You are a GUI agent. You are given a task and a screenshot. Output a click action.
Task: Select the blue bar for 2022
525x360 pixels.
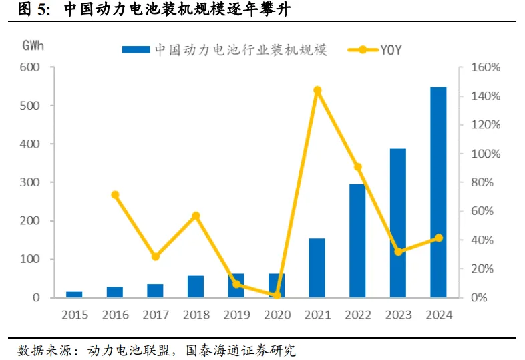pos(357,240)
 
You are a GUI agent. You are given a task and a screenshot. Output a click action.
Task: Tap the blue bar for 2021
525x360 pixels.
pos(317,268)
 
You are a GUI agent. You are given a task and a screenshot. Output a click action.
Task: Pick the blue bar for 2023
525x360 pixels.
pos(398,223)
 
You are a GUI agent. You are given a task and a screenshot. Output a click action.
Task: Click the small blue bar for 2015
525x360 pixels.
pos(75,294)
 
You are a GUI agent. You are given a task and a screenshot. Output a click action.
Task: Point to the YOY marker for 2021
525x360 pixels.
pos(317,90)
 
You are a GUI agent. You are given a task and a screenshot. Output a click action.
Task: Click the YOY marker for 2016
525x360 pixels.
pos(115,195)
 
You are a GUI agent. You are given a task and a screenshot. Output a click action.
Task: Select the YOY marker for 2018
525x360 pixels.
pos(196,216)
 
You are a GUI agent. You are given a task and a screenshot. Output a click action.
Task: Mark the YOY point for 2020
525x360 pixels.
pos(277,295)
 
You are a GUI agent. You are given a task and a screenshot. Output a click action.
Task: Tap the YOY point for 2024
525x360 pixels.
pos(438,238)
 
